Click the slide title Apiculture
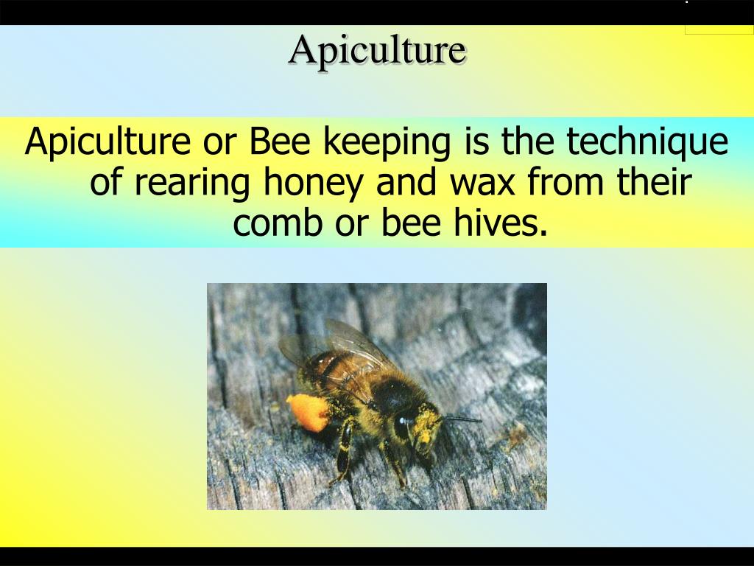(377, 50)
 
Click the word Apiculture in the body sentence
(108, 142)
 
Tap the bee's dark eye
(404, 425)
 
